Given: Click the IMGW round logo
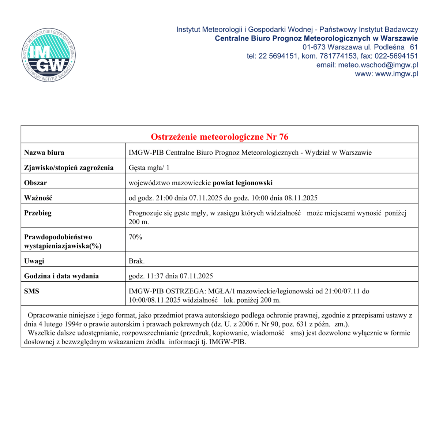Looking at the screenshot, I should pyautogui.click(x=49, y=55).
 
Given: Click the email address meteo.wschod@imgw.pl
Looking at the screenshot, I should pyautogui.click(x=378, y=65).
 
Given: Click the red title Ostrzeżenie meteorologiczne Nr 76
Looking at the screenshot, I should pyautogui.click(x=219, y=137).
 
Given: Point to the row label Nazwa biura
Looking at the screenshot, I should pyautogui.click(x=44, y=153).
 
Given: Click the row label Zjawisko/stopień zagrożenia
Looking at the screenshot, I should pyautogui.click(x=69, y=168).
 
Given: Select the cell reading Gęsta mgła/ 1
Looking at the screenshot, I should pyautogui.click(x=149, y=168).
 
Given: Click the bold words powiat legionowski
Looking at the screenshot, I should pyautogui.click(x=243, y=183).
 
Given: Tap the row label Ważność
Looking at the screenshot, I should pyautogui.click(x=38, y=198).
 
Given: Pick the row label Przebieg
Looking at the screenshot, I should pyautogui.click(x=38, y=213).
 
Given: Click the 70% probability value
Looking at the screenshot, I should pyautogui.click(x=135, y=237).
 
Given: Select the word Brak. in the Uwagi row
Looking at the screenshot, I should pyautogui.click(x=136, y=261).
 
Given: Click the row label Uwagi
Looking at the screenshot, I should pyautogui.click(x=34, y=261).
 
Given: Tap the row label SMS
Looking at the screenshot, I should pyautogui.click(x=31, y=291).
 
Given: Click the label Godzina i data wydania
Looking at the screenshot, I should pyautogui.click(x=61, y=276).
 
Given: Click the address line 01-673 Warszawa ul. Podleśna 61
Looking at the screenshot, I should pyautogui.click(x=360, y=47).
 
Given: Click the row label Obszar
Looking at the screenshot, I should pyautogui.click(x=35, y=183).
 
